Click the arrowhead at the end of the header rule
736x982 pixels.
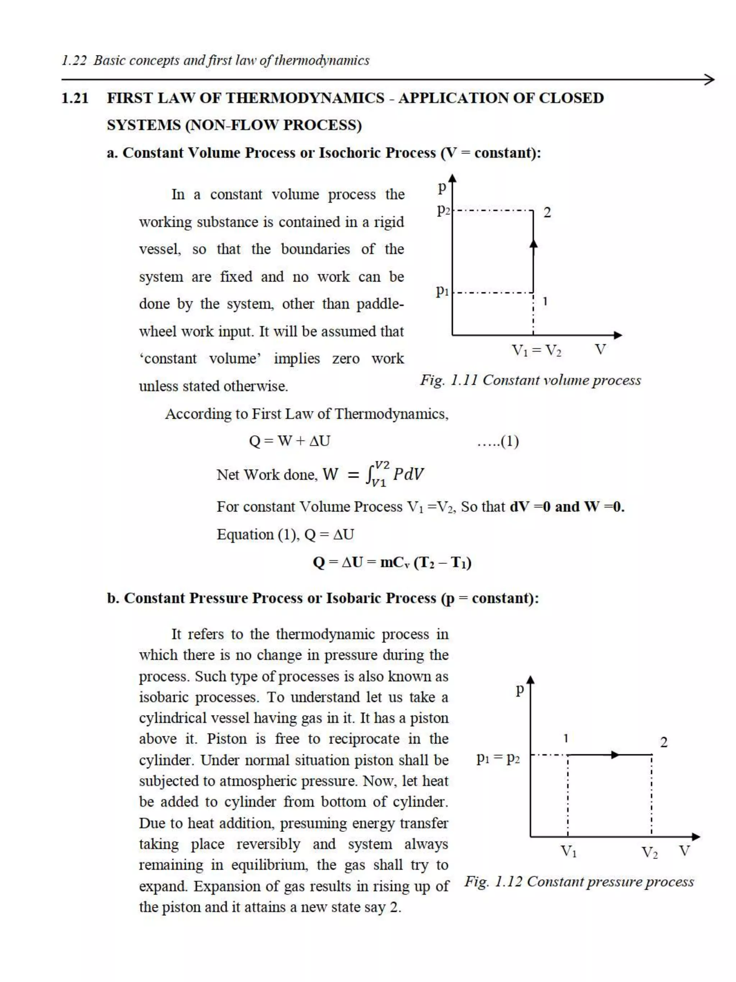coord(709,80)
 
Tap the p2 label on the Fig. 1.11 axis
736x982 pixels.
coord(443,209)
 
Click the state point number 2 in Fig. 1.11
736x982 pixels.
coord(547,213)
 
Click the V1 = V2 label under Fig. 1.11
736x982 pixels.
coord(536,351)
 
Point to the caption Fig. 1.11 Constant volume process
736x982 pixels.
coord(530,380)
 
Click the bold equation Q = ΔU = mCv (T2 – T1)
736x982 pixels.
coord(392,562)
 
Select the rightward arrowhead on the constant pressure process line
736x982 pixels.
coord(615,755)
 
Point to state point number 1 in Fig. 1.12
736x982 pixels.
coord(566,738)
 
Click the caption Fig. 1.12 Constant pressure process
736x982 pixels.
coord(579,882)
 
